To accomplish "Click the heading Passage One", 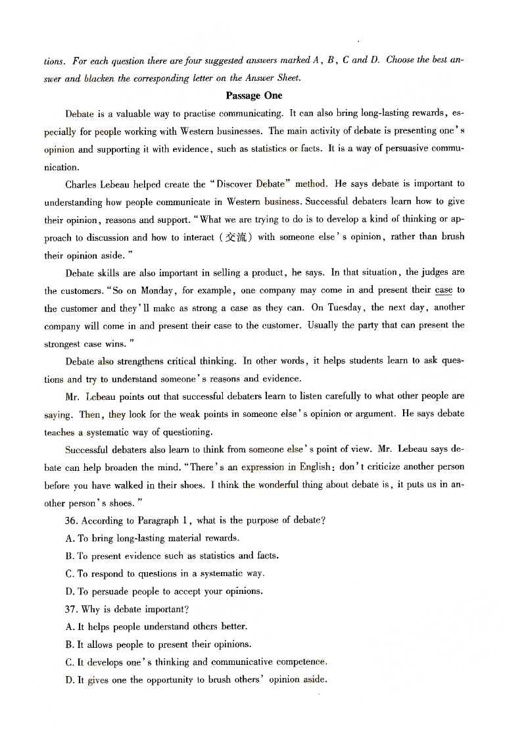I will [254, 95].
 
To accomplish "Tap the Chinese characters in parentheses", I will [236, 237].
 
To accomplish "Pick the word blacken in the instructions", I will [101, 78].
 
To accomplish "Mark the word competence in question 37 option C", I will [297, 662].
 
